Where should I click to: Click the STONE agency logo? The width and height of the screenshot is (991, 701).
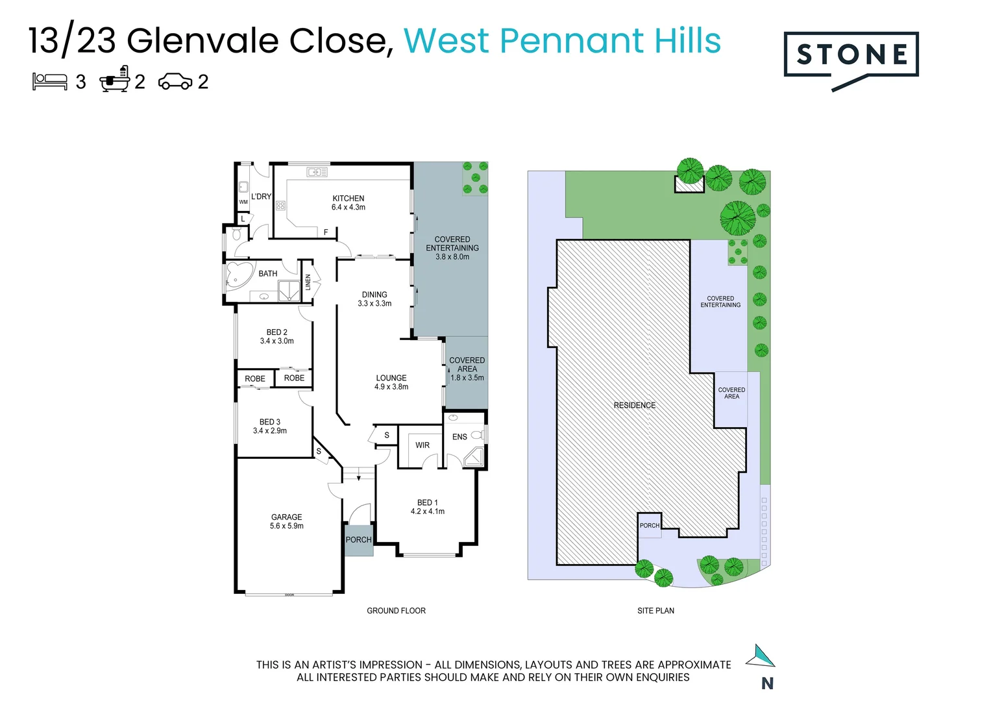tap(851, 56)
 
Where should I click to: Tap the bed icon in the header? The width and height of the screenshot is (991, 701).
tap(50, 81)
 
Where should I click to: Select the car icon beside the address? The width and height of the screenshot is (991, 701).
tap(175, 82)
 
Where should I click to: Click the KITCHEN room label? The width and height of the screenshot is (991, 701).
tap(349, 199)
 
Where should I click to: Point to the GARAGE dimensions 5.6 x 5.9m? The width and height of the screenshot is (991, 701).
tap(287, 526)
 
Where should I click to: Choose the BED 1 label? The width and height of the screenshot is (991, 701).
tap(427, 502)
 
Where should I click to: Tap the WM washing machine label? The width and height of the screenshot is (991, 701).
tap(243, 202)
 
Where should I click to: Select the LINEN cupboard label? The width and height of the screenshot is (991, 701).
tap(308, 282)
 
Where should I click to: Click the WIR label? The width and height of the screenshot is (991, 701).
tap(422, 445)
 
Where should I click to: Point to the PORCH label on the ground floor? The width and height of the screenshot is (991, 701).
tap(358, 540)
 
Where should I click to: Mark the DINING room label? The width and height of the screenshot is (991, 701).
tap(374, 295)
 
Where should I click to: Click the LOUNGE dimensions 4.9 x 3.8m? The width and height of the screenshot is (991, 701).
tap(391, 387)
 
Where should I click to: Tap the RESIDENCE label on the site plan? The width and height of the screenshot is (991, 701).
tap(635, 405)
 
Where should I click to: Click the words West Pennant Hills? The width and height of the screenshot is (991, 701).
tap(562, 41)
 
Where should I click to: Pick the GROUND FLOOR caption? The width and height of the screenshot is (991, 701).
tap(396, 611)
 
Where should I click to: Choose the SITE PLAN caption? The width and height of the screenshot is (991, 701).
tap(655, 611)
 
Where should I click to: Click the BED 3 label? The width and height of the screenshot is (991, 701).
tap(270, 422)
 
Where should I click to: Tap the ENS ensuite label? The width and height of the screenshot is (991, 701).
tap(459, 437)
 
